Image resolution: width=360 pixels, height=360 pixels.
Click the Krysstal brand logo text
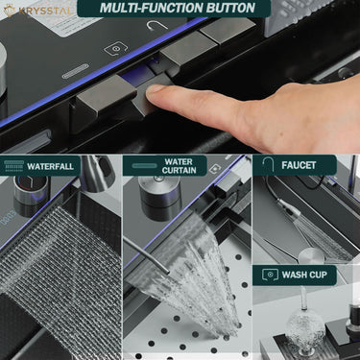coord(45,12)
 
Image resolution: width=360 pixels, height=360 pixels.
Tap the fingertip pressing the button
coord(157,93)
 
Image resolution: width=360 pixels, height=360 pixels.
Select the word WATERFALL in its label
coord(50,166)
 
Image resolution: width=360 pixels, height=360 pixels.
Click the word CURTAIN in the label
coord(179,170)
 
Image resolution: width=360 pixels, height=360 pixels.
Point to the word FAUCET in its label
coord(299,165)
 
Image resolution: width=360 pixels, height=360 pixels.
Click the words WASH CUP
coord(304,275)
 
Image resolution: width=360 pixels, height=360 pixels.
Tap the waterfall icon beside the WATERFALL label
coord(14,166)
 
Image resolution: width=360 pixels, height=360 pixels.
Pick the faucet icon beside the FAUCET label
coord(268,165)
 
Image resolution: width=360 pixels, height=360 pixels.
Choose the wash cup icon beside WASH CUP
coord(270,275)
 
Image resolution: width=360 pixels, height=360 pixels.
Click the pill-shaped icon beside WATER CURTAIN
coord(144,165)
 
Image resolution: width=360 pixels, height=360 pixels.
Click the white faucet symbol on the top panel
coord(157,25)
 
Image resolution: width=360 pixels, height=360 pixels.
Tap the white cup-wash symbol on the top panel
coord(116,48)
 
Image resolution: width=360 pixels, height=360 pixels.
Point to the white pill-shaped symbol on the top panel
coord(75,71)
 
